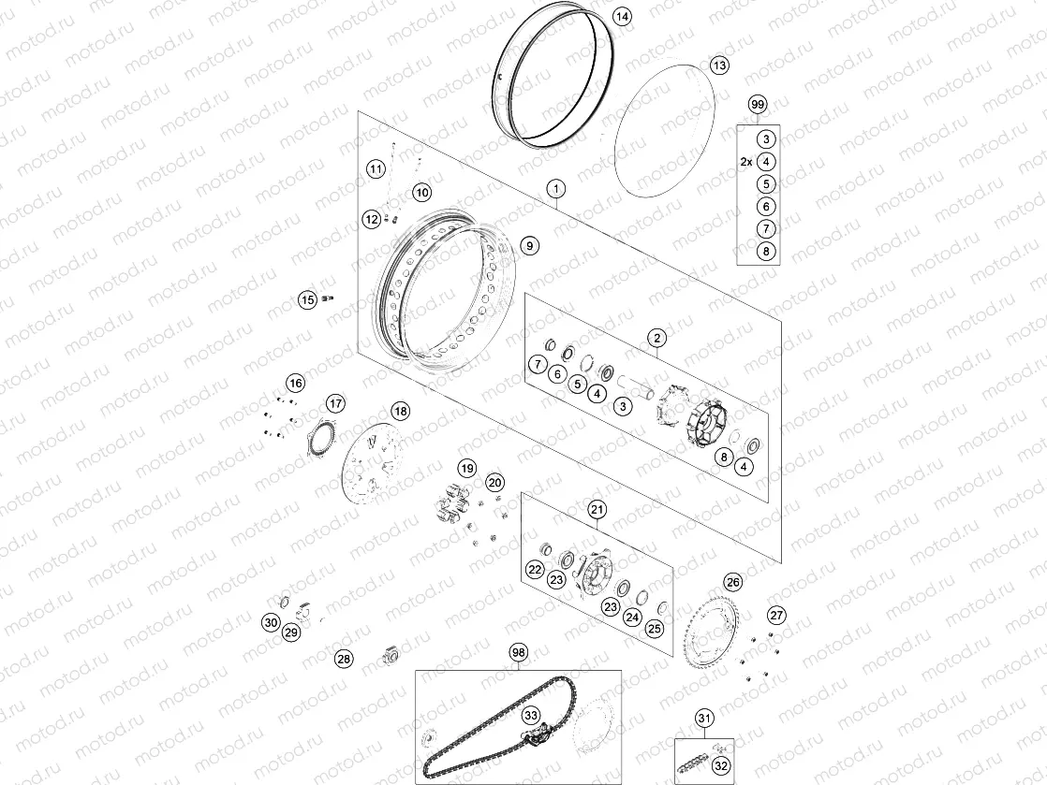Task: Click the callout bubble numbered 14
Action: (623, 17)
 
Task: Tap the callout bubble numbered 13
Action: (719, 65)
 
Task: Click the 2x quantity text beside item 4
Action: (745, 162)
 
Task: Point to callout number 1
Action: (556, 189)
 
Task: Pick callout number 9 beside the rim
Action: (529, 245)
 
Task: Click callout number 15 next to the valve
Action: (307, 300)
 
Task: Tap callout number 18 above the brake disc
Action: (400, 411)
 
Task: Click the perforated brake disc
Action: (372, 468)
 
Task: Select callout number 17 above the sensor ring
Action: (335, 404)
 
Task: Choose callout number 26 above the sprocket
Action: (733, 582)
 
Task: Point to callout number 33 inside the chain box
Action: (531, 715)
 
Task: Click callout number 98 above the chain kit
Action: (519, 651)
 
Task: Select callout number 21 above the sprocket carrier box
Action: (597, 510)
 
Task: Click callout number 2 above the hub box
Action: (657, 338)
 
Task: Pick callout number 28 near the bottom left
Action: (345, 659)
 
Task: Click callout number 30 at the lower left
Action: (270, 622)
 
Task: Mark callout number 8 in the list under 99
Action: (766, 251)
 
